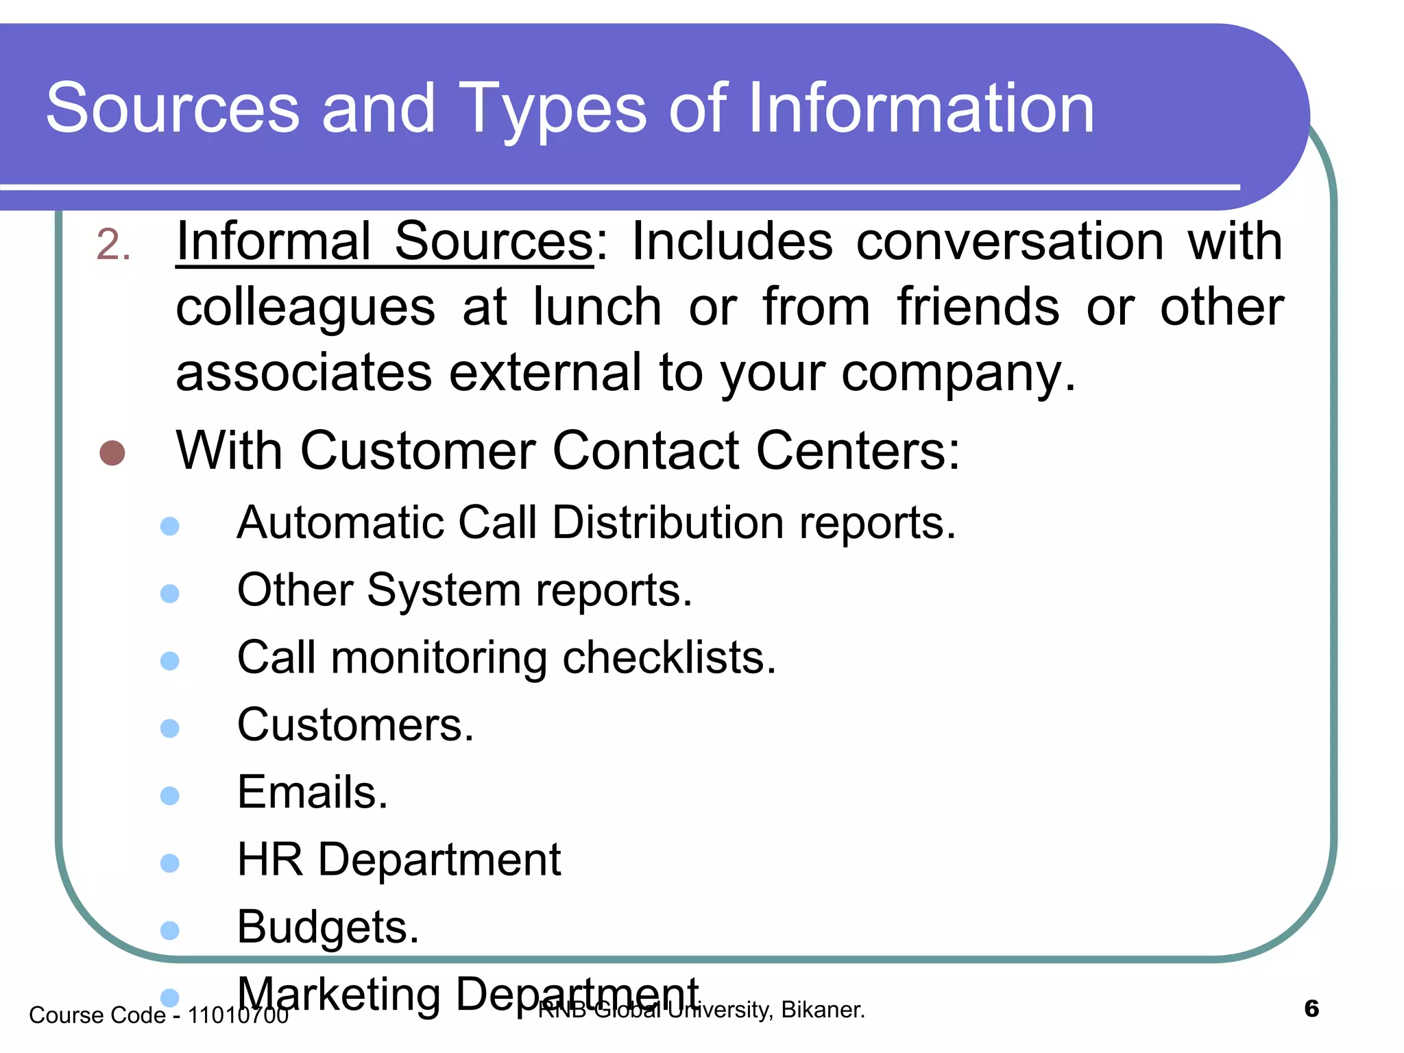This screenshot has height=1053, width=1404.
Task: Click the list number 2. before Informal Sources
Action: point(113,245)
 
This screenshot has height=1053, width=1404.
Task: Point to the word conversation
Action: point(1010,241)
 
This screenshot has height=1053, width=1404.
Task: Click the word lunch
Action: point(597,307)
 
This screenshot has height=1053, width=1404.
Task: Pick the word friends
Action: point(978,307)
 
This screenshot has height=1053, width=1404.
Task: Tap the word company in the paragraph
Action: point(958,374)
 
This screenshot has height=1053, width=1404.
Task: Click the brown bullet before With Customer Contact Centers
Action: point(112,453)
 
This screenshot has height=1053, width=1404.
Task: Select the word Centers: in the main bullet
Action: point(858,451)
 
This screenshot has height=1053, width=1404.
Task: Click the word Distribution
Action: point(668,523)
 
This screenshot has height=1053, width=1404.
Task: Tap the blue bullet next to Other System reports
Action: point(169,593)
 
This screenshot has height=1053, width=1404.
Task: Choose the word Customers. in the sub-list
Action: point(355,725)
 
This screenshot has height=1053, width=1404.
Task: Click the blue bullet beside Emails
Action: point(169,795)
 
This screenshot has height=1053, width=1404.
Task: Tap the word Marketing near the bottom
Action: point(339,994)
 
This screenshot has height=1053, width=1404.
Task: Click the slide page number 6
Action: point(1311,1009)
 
